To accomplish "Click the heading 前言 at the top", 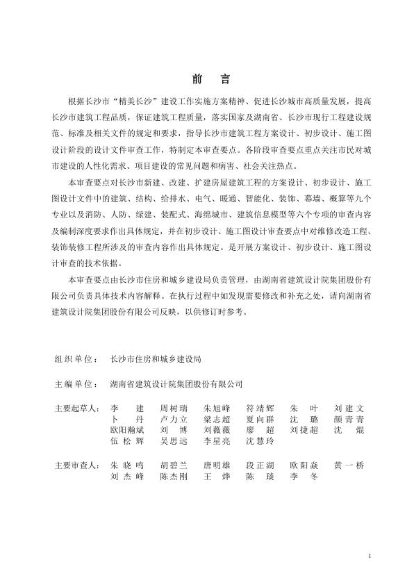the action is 206,78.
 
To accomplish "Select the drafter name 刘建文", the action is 349,407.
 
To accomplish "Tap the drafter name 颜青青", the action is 349,419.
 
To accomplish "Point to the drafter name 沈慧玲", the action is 260,441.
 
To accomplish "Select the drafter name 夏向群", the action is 260,419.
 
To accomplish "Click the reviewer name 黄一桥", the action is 349,464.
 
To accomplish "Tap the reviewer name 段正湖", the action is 260,464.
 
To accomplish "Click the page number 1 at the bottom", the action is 370,556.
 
